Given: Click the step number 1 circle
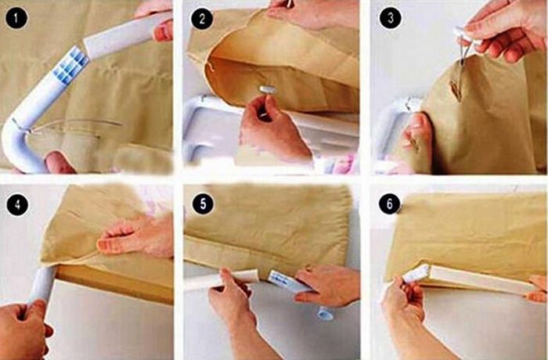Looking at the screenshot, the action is point(16,18).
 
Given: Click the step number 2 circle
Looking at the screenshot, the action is point(202,18).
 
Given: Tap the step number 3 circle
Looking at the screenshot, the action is point(391,17).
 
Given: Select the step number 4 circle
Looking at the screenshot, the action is point(17,203).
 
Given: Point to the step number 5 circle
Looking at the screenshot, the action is point(203,203).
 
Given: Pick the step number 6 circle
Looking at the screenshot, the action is point(390,203).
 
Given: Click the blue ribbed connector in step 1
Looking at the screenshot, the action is point(72,65).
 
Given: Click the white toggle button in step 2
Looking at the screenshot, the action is point(268,88).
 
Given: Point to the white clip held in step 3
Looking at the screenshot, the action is point(466,38).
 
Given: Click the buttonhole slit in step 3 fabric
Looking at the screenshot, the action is point(455,91).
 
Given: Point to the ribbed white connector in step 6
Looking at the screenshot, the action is point(416,274).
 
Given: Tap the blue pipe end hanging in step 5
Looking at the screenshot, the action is point(325,313).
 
